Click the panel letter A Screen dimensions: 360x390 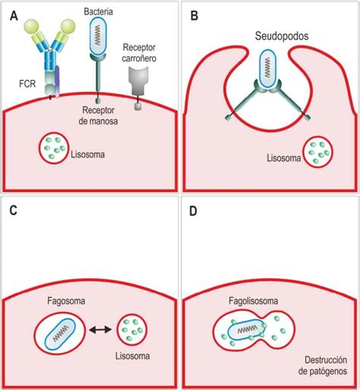coord(14,16)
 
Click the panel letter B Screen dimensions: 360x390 coord(194,16)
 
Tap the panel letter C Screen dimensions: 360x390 coord(13,211)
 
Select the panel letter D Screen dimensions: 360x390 coord(193,211)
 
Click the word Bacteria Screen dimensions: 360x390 coord(98,11)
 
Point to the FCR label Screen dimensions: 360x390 coord(27,84)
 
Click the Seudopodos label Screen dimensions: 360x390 coord(282,36)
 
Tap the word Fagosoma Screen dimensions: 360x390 coord(66,301)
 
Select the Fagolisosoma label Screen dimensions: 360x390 coord(254,301)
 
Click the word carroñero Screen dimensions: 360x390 coord(139,59)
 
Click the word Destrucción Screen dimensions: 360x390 coord(326,360)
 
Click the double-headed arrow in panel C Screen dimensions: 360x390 coord(100,330)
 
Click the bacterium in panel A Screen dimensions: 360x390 coord(98,36)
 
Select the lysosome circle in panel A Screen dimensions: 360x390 coord(54,148)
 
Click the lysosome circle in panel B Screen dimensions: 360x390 coord(318,152)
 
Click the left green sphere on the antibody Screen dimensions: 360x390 coord(31,27)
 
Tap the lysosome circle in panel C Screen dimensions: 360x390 coord(131,330)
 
